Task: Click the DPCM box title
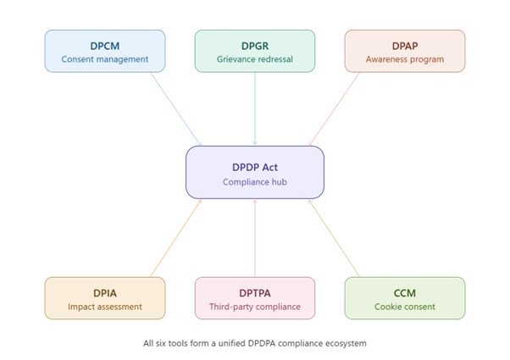click(x=105, y=45)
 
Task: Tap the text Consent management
click(x=105, y=59)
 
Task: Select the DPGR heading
click(x=255, y=45)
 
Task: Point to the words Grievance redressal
click(x=255, y=59)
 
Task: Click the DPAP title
click(x=405, y=45)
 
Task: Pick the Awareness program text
click(x=405, y=59)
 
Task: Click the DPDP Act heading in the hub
click(x=255, y=167)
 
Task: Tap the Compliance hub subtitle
click(x=255, y=182)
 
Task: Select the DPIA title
click(x=105, y=292)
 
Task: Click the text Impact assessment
click(x=105, y=307)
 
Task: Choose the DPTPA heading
click(x=255, y=292)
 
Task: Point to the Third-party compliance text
click(x=255, y=307)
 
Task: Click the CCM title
click(x=405, y=292)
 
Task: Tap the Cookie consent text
click(x=405, y=307)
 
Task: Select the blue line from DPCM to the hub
click(x=175, y=108)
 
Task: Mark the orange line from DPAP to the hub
click(x=335, y=108)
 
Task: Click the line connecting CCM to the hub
click(x=334, y=238)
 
